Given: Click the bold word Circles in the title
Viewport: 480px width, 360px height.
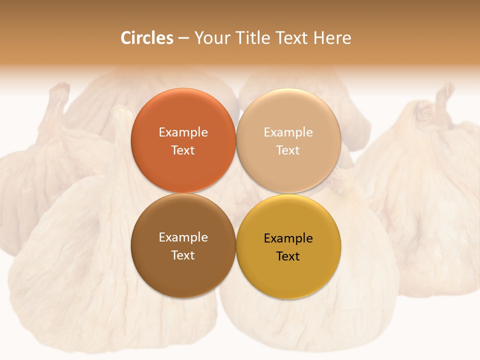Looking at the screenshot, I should coord(147,38).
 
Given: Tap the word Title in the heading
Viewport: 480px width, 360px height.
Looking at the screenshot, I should coord(253,38).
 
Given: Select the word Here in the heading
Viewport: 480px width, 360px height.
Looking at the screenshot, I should coord(332,38).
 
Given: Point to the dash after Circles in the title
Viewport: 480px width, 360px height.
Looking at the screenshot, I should coord(183,38).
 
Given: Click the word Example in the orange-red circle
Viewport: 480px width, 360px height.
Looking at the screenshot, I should coord(183,132).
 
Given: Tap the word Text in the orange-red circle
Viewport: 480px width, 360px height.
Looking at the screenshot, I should coord(183,150).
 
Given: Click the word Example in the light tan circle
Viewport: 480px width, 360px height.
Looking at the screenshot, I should coord(288,132).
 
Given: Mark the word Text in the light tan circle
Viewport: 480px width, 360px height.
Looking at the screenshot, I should coord(288,150).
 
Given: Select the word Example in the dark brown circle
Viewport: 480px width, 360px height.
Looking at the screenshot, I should coord(183,237).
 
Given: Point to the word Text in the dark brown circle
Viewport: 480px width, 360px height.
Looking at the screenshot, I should coord(183,255).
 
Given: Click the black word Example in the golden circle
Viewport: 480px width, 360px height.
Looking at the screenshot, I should coord(288,238).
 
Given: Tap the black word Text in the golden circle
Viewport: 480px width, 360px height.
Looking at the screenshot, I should coord(288,256).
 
